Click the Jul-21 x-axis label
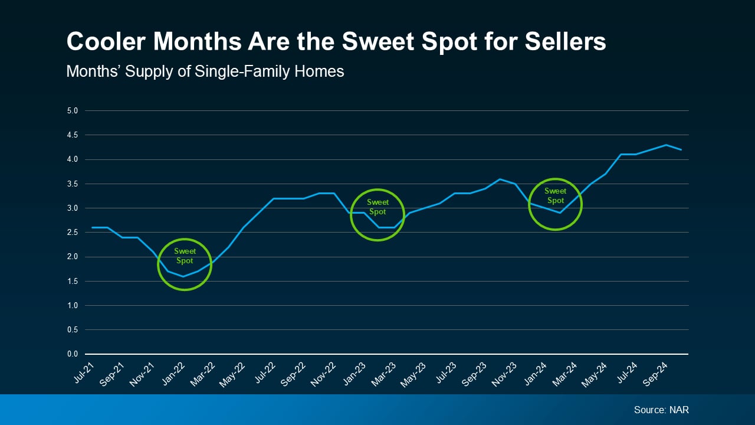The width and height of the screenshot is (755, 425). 84,371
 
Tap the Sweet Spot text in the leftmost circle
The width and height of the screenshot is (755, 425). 185,256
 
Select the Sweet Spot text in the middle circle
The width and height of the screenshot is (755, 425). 377,207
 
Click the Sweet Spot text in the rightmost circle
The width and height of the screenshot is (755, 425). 555,195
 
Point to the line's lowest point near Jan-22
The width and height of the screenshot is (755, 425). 183,276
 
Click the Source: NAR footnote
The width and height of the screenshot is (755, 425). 661,410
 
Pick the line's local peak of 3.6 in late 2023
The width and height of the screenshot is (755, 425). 500,179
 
